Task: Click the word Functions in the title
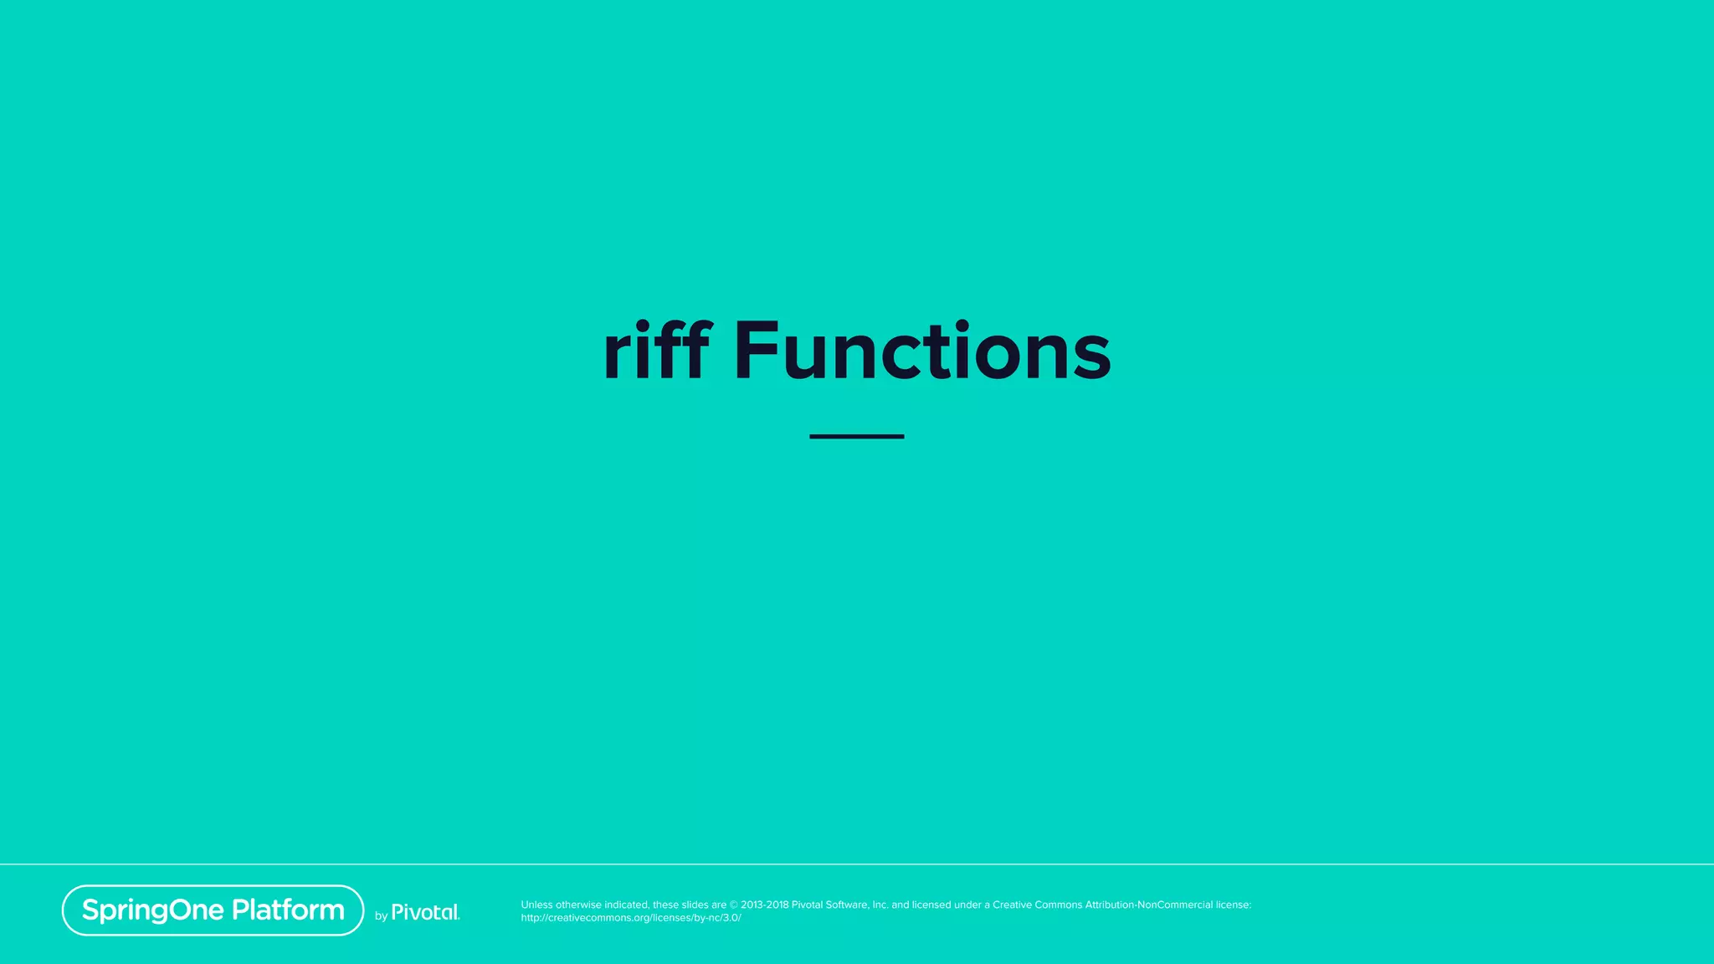(922, 351)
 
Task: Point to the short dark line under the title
(856, 436)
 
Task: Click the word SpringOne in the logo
(153, 910)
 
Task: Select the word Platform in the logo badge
(288, 910)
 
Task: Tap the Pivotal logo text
(425, 912)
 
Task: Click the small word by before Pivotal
(381, 916)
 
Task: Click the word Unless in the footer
(536, 905)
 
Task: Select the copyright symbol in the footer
(734, 905)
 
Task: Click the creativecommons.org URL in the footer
(630, 918)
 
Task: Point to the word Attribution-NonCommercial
(1149, 905)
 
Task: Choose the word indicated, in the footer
(626, 905)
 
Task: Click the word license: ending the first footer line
(1234, 905)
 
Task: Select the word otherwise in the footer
(578, 905)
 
